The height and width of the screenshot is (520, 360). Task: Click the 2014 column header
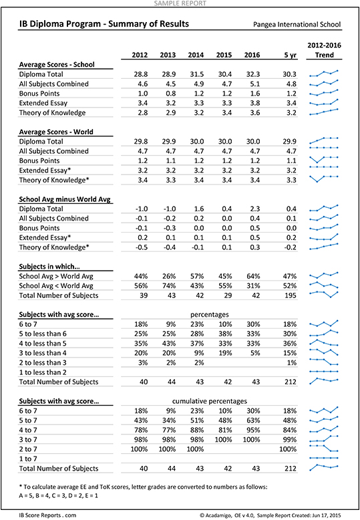[x=196, y=55]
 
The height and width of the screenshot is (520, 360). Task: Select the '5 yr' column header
[x=291, y=55]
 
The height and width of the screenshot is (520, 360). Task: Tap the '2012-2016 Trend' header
[x=324, y=50]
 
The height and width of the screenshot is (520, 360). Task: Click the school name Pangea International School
[x=297, y=25]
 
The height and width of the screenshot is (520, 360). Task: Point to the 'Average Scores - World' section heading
[x=56, y=132]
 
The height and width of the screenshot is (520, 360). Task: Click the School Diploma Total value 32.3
[x=253, y=74]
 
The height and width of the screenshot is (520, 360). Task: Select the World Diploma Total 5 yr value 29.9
[x=289, y=141]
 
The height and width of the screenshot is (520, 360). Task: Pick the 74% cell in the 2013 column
[x=169, y=285]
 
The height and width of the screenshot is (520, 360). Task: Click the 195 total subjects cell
[x=291, y=295]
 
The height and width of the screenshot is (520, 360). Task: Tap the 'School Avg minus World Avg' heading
[x=65, y=199]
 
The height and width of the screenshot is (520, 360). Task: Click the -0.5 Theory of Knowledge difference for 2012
[x=141, y=247]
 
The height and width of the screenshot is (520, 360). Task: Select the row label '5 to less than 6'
[x=43, y=334]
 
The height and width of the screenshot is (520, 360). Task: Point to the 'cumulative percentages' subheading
[x=210, y=401]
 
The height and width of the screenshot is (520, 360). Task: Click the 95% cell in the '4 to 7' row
[x=253, y=430]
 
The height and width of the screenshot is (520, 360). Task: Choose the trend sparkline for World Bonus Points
[x=324, y=160]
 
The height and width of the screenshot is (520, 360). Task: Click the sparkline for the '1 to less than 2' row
[x=324, y=372]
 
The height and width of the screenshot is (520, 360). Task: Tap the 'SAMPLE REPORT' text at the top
[x=180, y=3]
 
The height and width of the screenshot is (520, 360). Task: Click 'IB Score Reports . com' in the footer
[x=47, y=515]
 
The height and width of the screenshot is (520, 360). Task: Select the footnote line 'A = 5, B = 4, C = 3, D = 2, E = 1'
[x=58, y=495]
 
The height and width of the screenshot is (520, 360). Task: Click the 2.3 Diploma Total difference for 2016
[x=254, y=209]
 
